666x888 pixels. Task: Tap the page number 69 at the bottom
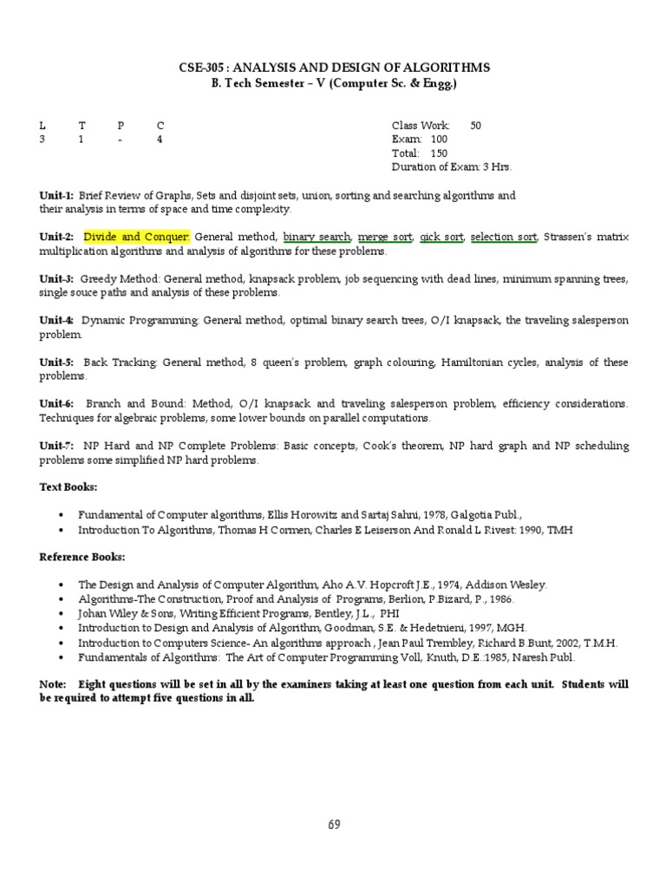coord(334,824)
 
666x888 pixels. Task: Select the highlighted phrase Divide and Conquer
coord(136,237)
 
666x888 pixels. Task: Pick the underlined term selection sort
coord(503,237)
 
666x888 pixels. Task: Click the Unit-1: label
coord(56,196)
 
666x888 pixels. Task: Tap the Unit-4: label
coord(56,321)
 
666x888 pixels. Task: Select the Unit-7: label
coord(56,446)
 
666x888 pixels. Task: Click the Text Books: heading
coord(69,487)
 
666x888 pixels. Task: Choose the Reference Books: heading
coord(82,557)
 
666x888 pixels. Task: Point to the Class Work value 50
coord(475,126)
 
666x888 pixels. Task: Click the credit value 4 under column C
coord(160,140)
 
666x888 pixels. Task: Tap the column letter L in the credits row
coord(42,126)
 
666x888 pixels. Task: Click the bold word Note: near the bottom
coord(53,685)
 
